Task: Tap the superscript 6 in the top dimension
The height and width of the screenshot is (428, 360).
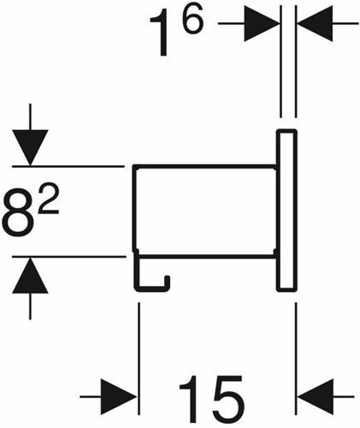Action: point(193,19)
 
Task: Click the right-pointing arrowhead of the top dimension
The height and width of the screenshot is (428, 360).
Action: point(262,23)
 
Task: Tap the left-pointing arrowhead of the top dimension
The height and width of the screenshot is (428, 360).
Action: point(315,23)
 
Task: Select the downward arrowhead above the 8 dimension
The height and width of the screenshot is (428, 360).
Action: point(30,147)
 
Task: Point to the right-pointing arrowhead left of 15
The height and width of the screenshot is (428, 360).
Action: point(120,396)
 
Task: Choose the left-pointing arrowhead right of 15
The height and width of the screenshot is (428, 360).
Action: point(315,396)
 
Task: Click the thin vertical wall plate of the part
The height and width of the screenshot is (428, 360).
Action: point(286,211)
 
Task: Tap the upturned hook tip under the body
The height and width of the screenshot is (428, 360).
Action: point(168,281)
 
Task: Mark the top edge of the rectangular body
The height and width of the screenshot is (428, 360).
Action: point(204,166)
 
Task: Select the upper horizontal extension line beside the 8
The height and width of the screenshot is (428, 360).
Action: point(68,166)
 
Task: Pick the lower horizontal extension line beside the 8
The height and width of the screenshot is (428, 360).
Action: point(69,257)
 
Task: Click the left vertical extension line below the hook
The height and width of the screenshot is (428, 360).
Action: point(139,359)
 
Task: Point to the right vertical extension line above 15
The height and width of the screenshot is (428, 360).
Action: point(296,359)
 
